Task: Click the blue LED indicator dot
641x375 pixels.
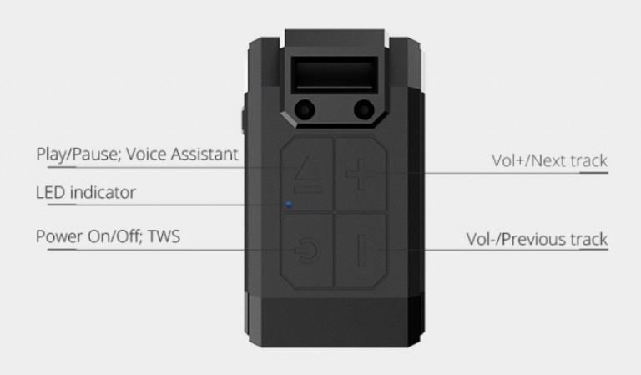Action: click(x=289, y=204)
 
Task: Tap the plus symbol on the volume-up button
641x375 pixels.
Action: click(x=360, y=175)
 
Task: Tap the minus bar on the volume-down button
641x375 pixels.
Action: click(x=362, y=250)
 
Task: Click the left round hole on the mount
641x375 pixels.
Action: click(x=305, y=109)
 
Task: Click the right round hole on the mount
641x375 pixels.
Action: click(x=364, y=109)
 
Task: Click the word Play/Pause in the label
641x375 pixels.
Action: click(x=78, y=155)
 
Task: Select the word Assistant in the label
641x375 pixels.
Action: click(x=204, y=155)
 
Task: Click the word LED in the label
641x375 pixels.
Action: click(x=50, y=192)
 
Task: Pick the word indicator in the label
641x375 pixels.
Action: click(x=103, y=192)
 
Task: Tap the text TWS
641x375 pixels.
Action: click(x=164, y=236)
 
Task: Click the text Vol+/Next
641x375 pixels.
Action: click(x=528, y=160)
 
